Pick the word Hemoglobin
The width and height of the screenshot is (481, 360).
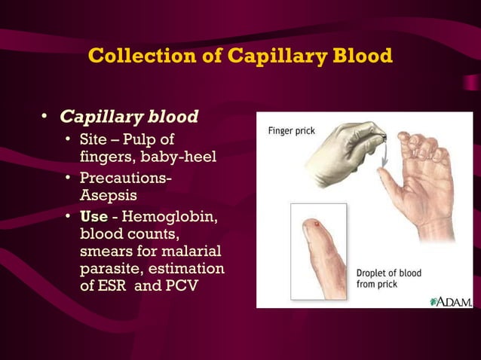click(x=173, y=218)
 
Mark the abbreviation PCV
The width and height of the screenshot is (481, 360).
click(x=181, y=287)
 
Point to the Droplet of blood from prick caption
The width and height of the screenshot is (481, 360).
click(x=388, y=279)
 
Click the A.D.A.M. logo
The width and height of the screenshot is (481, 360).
click(x=451, y=301)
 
